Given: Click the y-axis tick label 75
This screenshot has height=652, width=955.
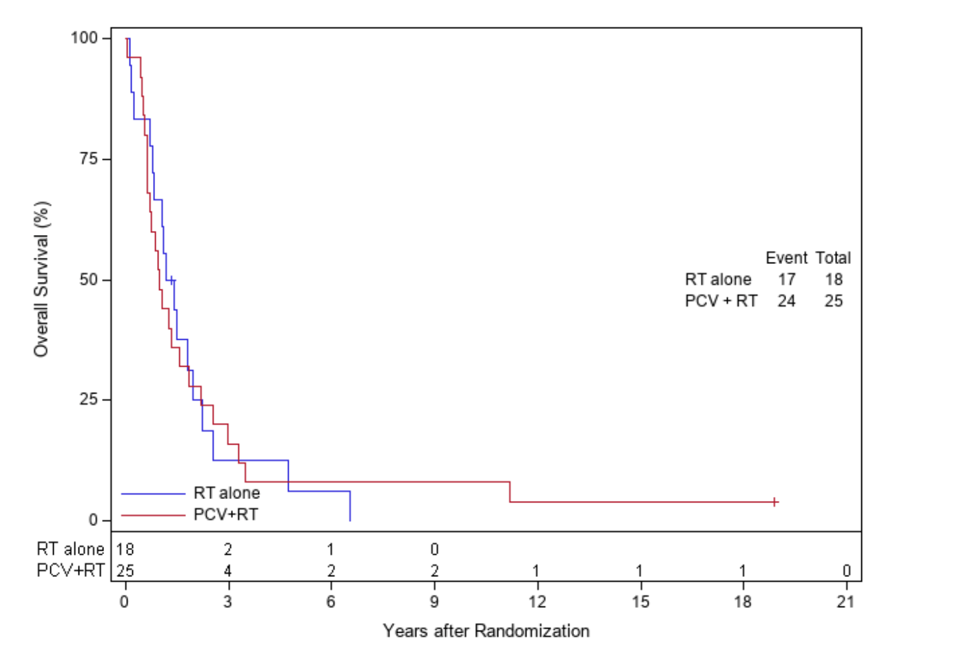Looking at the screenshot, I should tap(88, 159).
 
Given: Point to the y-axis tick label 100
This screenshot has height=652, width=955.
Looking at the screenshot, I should tap(84, 37).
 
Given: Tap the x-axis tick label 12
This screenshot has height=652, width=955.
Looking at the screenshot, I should tap(537, 602).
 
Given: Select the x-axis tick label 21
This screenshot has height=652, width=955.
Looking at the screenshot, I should tap(845, 602).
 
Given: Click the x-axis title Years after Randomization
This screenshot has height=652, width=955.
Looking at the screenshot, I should tap(486, 631).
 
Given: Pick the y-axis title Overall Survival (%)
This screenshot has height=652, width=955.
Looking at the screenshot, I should tap(42, 279).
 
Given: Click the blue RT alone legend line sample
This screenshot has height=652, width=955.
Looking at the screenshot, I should tap(153, 493).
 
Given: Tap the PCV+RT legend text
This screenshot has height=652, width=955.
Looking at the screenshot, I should tap(225, 515).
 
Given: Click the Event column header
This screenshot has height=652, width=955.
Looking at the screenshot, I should tap(786, 258).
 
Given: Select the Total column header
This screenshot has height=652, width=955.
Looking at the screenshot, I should tap(833, 258).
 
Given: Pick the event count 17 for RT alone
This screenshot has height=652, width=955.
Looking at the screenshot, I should tap(786, 279).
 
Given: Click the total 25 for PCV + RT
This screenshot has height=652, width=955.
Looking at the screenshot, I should tap(833, 300).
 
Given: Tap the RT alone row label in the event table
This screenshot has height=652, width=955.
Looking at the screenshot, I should tap(717, 279).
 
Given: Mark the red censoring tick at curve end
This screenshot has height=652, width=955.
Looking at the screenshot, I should tap(775, 502).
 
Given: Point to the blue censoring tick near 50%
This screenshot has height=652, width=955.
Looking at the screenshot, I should tap(172, 280).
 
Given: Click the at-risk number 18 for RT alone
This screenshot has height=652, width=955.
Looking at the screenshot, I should tap(125, 549).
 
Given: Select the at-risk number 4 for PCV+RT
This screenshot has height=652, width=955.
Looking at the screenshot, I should tap(227, 571).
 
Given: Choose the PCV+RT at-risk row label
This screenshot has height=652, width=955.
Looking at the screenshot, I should tap(71, 571).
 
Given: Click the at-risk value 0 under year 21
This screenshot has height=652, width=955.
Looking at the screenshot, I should tap(846, 571).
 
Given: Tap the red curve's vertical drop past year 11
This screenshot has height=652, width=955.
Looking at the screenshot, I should tap(510, 492).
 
